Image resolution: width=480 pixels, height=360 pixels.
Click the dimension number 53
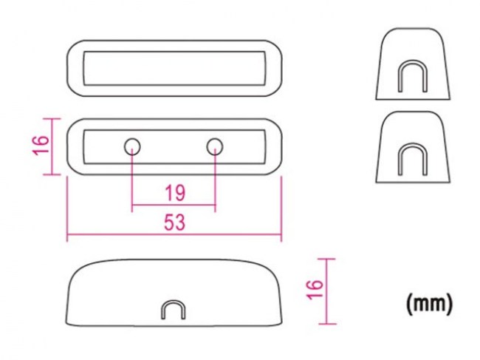[x=175, y=222]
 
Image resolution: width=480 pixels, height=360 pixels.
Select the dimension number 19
[x=175, y=194]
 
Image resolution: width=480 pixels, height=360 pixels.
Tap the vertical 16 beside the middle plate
[x=42, y=145]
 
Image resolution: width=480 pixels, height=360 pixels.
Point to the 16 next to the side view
[x=315, y=289]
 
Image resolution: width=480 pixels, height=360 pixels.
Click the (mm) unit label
[x=429, y=303]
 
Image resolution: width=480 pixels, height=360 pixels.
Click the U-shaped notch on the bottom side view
[x=174, y=301]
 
